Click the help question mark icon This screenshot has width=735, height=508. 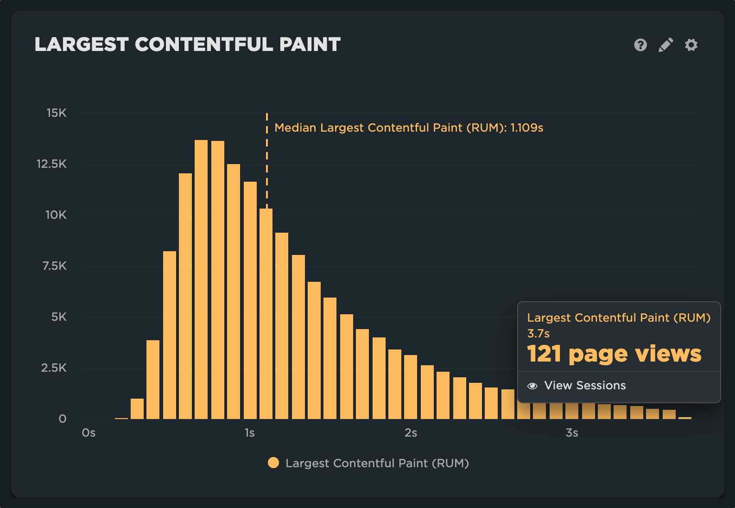(x=640, y=45)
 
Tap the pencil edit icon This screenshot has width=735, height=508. (x=665, y=45)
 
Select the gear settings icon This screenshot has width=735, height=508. (x=691, y=45)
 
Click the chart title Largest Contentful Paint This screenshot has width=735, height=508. (x=188, y=44)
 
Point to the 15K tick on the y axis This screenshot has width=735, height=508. (x=57, y=113)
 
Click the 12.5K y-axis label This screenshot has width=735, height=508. (x=52, y=164)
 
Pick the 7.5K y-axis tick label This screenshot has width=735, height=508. (x=55, y=266)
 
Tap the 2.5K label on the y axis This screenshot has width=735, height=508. (x=54, y=368)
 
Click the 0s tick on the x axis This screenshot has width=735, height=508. (x=89, y=433)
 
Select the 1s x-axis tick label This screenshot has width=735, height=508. (x=249, y=433)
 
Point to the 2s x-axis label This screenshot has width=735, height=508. (x=411, y=433)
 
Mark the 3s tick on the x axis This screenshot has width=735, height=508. (x=572, y=433)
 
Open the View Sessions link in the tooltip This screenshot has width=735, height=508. (x=585, y=386)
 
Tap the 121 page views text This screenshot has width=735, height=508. (x=614, y=354)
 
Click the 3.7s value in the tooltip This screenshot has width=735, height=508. (x=539, y=334)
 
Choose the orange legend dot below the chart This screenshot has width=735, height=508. (x=273, y=463)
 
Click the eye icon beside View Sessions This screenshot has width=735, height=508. (x=532, y=386)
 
